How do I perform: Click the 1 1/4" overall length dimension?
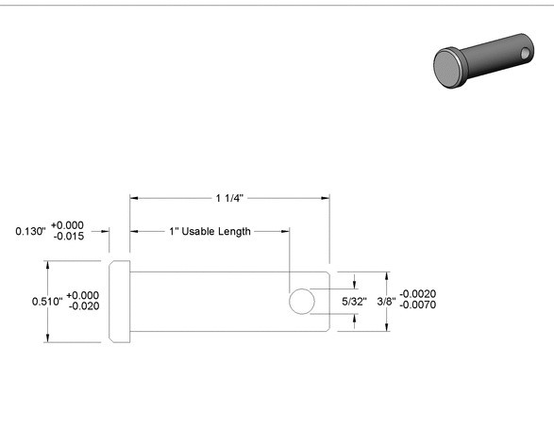(x=229, y=198)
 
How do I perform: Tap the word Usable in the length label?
(x=198, y=232)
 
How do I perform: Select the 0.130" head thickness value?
(x=31, y=232)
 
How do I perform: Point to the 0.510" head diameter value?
(x=47, y=302)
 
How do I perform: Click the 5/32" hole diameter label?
(x=354, y=302)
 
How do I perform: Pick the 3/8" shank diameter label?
(x=386, y=302)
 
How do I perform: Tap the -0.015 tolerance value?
(x=69, y=237)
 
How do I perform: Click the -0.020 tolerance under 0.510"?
(x=84, y=306)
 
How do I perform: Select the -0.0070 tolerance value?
(x=417, y=305)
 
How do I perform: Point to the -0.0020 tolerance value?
(x=417, y=293)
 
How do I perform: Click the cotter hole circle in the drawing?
(x=302, y=289)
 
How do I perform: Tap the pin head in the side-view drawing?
(x=120, y=302)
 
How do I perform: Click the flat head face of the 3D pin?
(x=446, y=67)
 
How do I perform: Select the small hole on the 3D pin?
(x=525, y=54)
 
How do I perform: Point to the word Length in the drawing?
(x=234, y=232)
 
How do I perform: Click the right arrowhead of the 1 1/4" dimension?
(x=326, y=198)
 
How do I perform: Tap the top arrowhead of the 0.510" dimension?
(x=47, y=265)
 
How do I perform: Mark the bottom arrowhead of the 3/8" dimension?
(x=387, y=327)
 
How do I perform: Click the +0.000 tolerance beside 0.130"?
(x=68, y=225)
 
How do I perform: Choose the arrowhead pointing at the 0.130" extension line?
(x=105, y=232)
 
